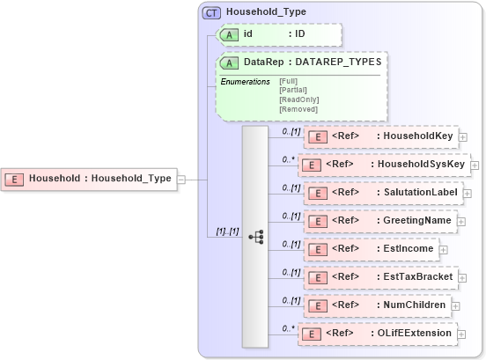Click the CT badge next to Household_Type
click(x=212, y=12)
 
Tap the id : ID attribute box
click(x=278, y=34)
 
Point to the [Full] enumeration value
click(x=288, y=81)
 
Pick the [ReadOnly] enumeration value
click(x=298, y=99)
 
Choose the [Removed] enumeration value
click(x=298, y=109)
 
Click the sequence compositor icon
click(x=255, y=237)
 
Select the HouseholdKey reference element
click(x=379, y=136)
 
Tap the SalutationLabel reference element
click(x=379, y=192)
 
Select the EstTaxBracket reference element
click(x=379, y=277)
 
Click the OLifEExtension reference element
click(x=378, y=334)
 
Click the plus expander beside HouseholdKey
click(x=463, y=137)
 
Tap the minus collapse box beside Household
click(x=180, y=179)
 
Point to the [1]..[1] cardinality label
click(x=227, y=231)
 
